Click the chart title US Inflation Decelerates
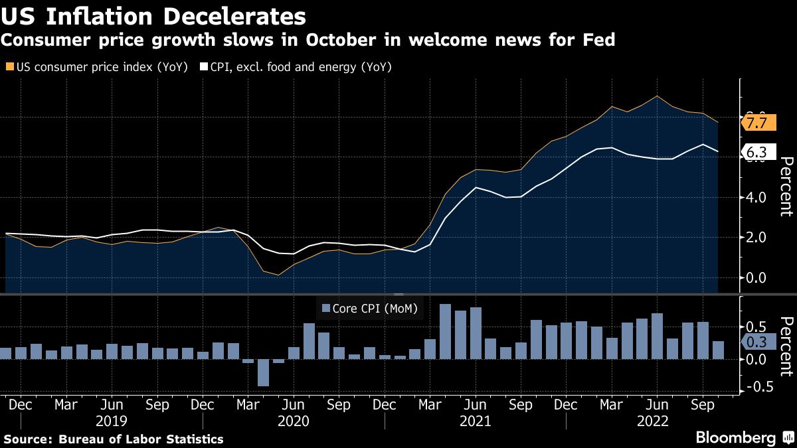(x=154, y=16)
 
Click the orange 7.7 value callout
(x=757, y=123)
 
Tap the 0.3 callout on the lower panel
(x=756, y=342)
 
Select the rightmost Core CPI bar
(x=718, y=350)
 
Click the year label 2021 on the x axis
(x=475, y=421)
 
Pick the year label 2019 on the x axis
(x=112, y=421)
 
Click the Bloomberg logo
(x=735, y=438)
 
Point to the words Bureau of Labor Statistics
(x=141, y=439)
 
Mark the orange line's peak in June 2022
(x=657, y=96)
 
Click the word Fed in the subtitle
(x=598, y=40)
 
